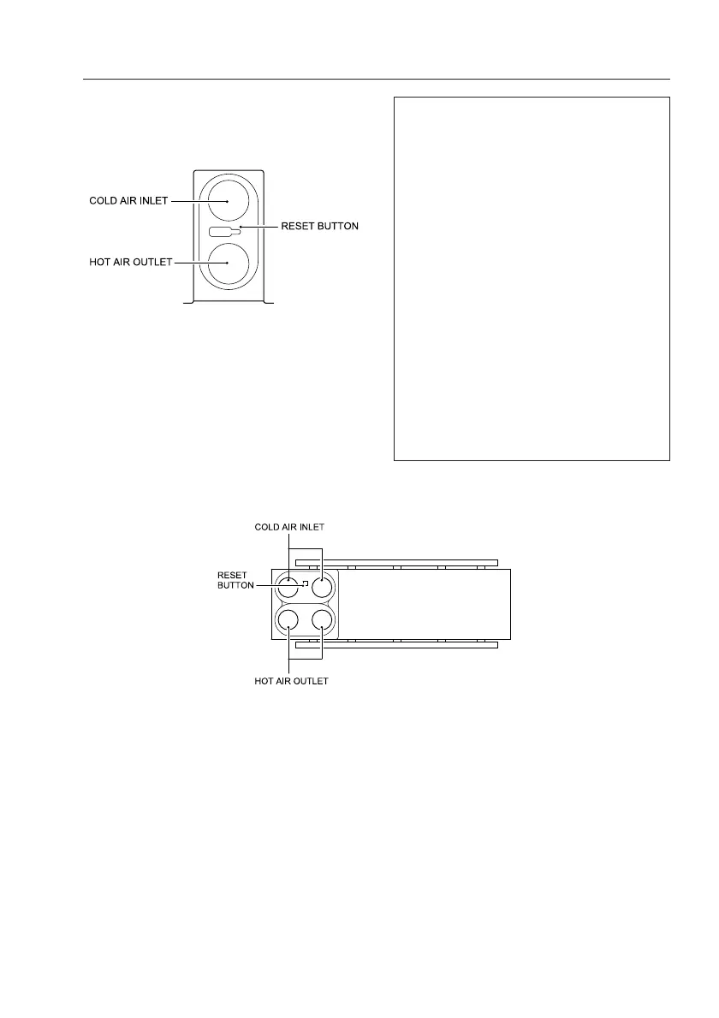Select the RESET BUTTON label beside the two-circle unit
tap(320, 227)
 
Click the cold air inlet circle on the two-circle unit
tap(227, 201)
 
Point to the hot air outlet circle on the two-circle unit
tap(227, 263)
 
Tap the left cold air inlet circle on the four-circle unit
tap(289, 588)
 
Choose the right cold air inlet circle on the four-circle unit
tap(321, 588)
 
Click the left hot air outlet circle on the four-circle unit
tap(289, 619)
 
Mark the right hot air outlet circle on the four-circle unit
tap(321, 619)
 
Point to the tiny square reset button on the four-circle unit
tap(304, 583)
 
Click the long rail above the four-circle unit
tap(395, 563)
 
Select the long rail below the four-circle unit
tap(395, 644)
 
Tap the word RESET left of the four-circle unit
tap(231, 576)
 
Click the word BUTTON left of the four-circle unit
tap(231, 587)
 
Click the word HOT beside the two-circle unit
tap(100, 263)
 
